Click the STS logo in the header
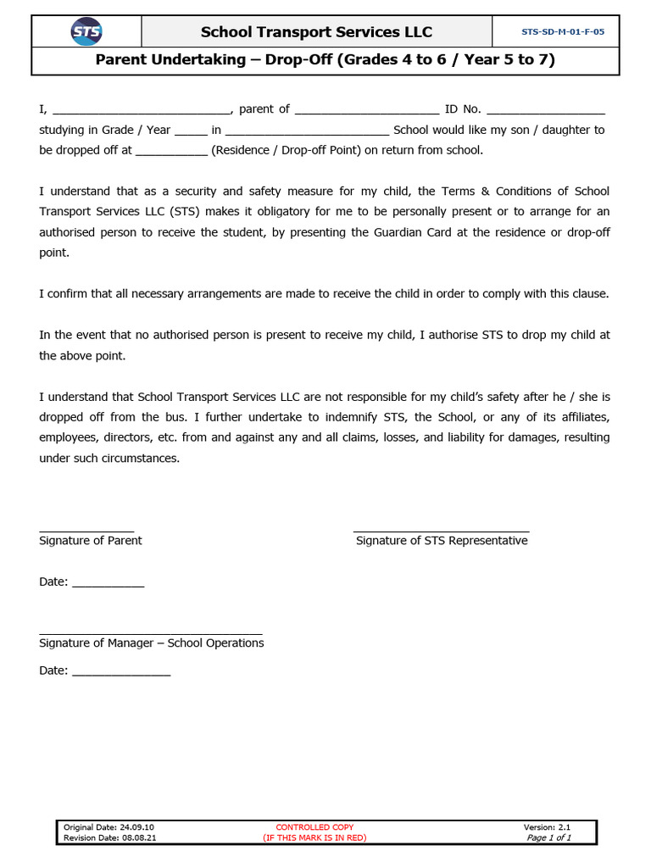click(x=86, y=32)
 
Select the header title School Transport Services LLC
click(x=316, y=32)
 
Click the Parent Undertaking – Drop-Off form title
click(x=325, y=60)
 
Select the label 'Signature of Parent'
click(x=91, y=541)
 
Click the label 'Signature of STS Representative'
click(x=442, y=541)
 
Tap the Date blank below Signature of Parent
click(x=108, y=583)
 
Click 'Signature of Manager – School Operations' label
click(x=152, y=643)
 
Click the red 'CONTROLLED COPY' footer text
click(x=314, y=827)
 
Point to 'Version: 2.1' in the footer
click(x=553, y=827)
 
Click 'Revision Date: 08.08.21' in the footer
click(x=110, y=837)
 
